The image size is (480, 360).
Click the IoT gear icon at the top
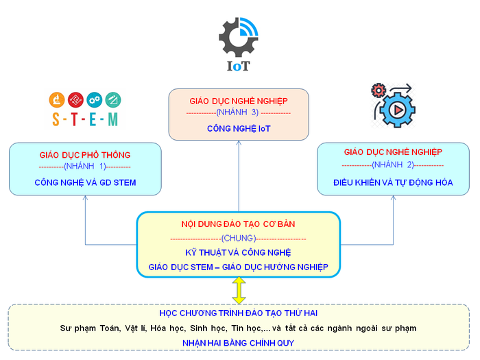click(238, 37)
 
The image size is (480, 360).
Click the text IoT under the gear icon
click(239, 67)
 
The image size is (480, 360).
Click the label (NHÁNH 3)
click(238, 112)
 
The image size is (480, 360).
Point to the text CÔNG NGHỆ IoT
click(238, 128)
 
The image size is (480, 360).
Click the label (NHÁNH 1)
click(85, 167)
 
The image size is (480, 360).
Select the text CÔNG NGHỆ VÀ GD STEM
click(85, 182)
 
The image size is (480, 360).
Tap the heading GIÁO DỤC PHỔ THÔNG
click(85, 155)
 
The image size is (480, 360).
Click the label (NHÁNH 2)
click(392, 165)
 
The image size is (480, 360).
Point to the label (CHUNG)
click(238, 238)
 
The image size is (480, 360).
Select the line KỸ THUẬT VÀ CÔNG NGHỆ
click(238, 252)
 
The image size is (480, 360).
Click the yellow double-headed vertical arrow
click(239, 290)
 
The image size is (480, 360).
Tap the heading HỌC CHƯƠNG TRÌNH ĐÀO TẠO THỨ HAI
click(239, 313)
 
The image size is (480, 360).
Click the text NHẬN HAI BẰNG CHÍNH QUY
click(239, 341)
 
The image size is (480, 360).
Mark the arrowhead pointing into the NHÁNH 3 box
click(238, 144)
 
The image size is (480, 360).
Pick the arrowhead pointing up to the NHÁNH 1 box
click(85, 198)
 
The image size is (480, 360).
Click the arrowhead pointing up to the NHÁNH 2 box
click(393, 198)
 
